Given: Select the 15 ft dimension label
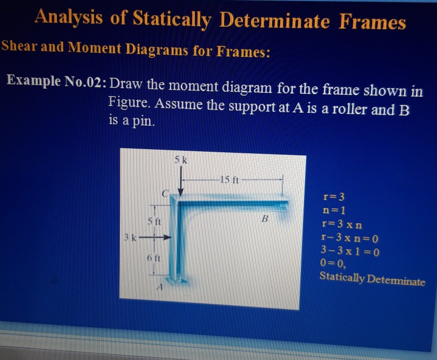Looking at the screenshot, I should (x=230, y=180).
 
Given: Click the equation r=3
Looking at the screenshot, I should (x=335, y=197).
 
